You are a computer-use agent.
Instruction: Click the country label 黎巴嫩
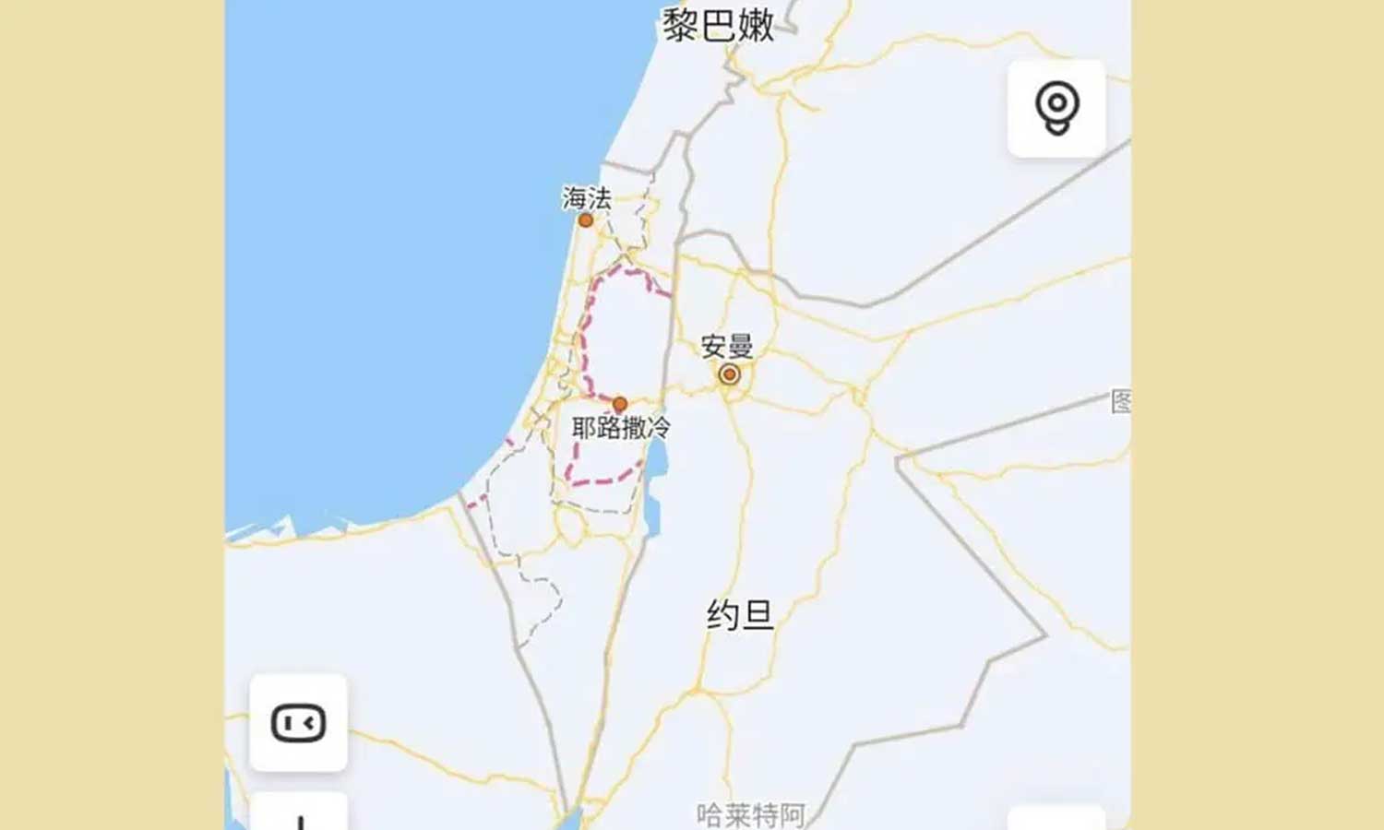click(x=719, y=25)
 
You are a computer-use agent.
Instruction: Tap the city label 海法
click(x=587, y=197)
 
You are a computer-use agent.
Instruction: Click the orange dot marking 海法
click(x=585, y=220)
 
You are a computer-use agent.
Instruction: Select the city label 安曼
click(x=727, y=347)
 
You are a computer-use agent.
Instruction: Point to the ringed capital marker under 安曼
click(x=729, y=374)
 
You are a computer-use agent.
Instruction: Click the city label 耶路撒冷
click(x=621, y=428)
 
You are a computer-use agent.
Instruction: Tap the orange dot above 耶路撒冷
click(x=620, y=404)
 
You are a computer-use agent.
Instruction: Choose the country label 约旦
click(x=740, y=614)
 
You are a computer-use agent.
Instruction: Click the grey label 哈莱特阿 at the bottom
click(x=751, y=815)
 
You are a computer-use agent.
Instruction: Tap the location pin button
click(x=1056, y=108)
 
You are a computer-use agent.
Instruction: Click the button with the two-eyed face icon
click(x=298, y=723)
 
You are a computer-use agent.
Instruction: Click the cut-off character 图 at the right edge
click(x=1121, y=401)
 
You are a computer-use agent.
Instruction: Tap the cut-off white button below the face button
click(x=298, y=813)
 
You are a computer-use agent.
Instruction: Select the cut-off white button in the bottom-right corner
click(x=1056, y=818)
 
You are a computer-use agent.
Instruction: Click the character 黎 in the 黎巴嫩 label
click(x=680, y=25)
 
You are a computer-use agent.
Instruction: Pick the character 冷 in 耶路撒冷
click(x=659, y=428)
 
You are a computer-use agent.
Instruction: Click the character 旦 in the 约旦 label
click(x=758, y=614)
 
